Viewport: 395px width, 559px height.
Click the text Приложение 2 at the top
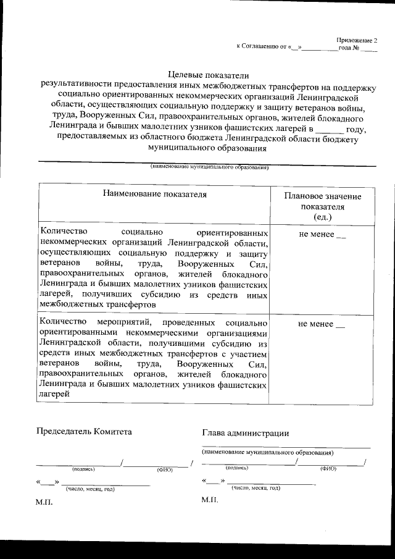[356, 40]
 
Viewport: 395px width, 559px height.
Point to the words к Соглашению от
[259, 48]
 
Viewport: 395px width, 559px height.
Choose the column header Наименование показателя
[154, 195]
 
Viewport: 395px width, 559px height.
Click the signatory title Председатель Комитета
[84, 431]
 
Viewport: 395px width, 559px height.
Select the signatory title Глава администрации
[245, 434]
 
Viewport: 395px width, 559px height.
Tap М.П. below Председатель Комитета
[44, 502]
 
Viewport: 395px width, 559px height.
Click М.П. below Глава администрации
[210, 499]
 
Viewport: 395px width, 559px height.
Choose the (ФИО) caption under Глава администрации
[328, 469]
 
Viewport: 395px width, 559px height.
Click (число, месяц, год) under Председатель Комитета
[91, 489]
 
